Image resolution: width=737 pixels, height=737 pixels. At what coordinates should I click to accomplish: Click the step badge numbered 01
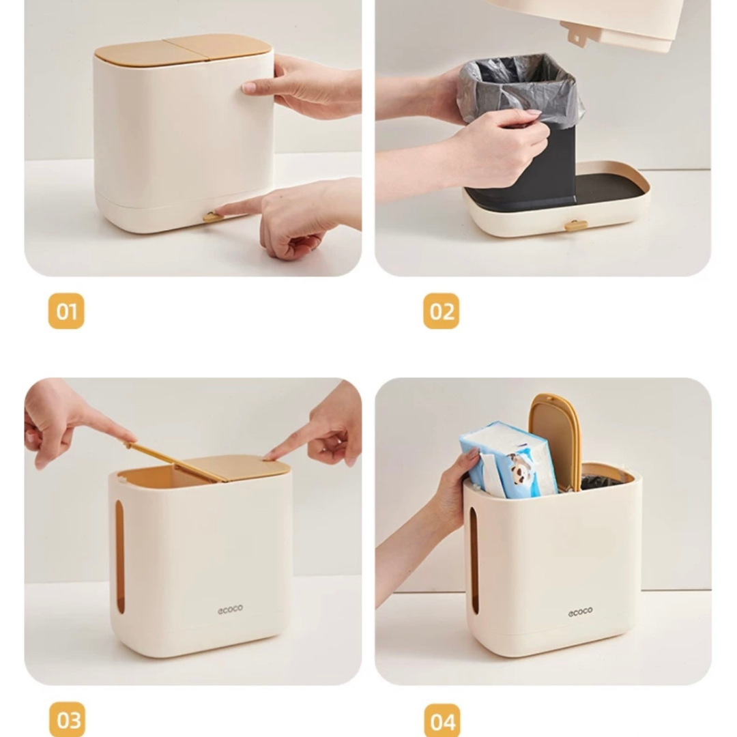point(66,311)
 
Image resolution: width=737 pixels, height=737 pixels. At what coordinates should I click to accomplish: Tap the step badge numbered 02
point(441,311)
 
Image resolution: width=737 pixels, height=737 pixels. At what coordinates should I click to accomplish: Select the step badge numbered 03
point(67,719)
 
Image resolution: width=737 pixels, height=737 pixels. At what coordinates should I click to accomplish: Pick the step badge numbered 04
point(442,721)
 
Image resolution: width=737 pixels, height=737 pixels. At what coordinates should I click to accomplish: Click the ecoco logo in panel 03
point(230,609)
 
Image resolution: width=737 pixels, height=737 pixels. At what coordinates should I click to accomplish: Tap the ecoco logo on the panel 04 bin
point(580,612)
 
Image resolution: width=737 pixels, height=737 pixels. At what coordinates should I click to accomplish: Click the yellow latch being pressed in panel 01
point(212,218)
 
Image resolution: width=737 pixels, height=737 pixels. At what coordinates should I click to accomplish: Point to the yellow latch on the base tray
point(576,225)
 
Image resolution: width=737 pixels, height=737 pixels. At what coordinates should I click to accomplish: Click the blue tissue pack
point(505,459)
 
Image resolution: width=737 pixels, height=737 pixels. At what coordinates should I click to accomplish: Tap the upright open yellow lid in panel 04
point(555,440)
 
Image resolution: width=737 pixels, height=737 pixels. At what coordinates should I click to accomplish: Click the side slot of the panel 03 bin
point(120,556)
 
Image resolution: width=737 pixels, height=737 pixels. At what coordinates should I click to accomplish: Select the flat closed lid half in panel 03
point(246,467)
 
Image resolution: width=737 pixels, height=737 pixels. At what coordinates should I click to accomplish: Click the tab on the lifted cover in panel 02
point(575,33)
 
